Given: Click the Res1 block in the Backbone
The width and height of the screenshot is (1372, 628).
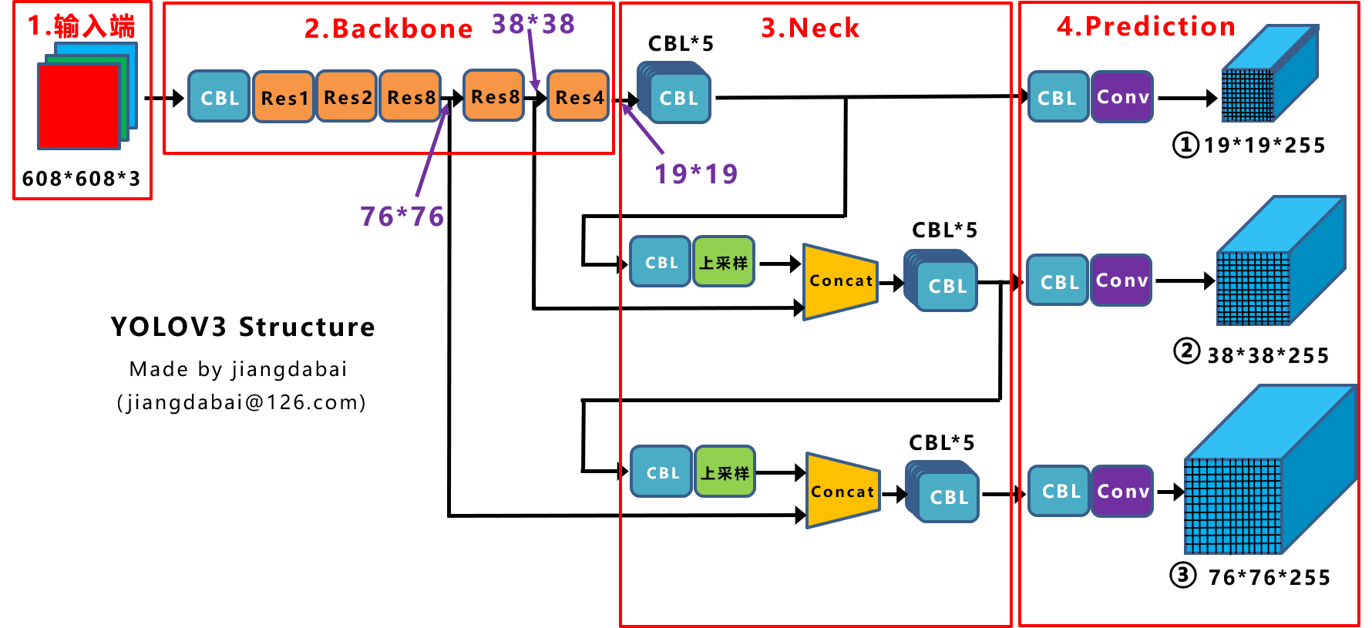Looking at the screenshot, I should point(284,97).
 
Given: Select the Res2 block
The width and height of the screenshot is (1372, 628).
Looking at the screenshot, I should point(347,97).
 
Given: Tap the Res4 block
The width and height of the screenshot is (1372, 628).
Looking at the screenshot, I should point(578,96).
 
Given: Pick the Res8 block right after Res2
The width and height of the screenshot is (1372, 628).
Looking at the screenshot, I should point(410,97).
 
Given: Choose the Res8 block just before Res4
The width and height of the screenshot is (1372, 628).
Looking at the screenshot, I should point(494,96).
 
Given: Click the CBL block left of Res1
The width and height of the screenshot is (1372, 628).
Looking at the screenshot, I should point(220,97).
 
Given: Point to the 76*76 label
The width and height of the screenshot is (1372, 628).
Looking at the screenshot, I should point(402,217).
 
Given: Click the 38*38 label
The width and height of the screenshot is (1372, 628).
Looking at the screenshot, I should point(533,24).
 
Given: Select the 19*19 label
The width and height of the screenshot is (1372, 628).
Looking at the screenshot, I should point(696,174).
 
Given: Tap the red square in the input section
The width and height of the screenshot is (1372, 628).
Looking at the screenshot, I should point(79,106).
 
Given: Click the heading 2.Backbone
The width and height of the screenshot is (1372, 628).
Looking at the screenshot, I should point(388,29).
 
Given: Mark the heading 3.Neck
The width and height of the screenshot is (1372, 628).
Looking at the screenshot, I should point(810,28).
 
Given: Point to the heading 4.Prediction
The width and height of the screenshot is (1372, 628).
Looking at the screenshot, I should point(1146,26).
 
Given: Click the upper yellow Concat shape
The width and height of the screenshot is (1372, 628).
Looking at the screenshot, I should point(840,281).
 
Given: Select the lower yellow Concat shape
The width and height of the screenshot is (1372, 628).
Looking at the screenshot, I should point(842,491).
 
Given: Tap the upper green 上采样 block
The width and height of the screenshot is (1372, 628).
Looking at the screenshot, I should point(724,262).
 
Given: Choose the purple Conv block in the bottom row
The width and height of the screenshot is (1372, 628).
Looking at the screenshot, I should point(1122,491).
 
